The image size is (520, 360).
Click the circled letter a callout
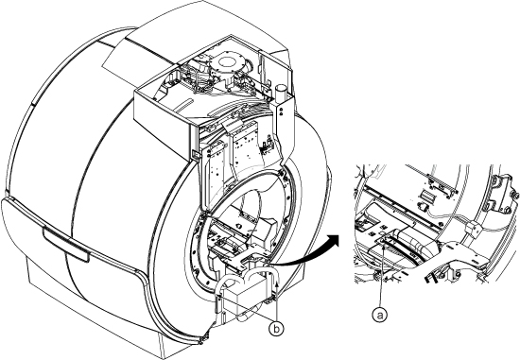[x=380, y=315]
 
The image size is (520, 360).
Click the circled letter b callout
[x=276, y=329]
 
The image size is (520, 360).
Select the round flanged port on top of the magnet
[x=227, y=62]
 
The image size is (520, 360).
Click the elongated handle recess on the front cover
[x=65, y=245]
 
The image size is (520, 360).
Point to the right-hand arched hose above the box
[x=265, y=279]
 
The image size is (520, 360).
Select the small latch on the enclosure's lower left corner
[x=195, y=155]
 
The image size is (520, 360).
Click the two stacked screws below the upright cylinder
[x=281, y=111]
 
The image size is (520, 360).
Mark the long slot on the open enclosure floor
[x=183, y=105]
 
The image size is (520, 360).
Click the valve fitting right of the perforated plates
[x=267, y=146]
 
